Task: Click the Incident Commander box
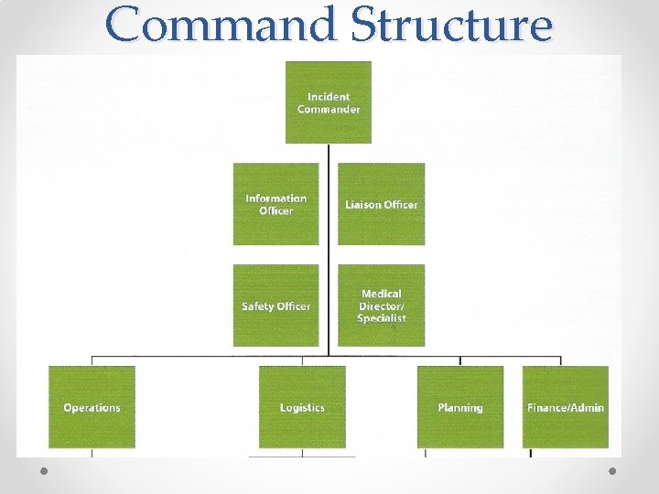tap(329, 102)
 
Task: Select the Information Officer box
tap(275, 203)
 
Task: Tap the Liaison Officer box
tap(382, 203)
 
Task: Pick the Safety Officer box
tap(275, 306)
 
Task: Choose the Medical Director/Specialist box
tap(382, 306)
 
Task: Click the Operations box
tap(92, 407)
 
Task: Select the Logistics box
tap(302, 407)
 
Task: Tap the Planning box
tap(460, 407)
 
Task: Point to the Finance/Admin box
tap(566, 407)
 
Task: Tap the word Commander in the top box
tap(329, 109)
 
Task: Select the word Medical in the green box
tap(382, 294)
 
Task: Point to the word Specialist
tap(382, 317)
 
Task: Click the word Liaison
tap(362, 204)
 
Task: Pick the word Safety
tap(258, 306)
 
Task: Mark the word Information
tap(275, 198)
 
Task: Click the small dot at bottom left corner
tap(45, 470)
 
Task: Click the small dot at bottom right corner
tap(612, 470)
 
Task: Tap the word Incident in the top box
tap(329, 96)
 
